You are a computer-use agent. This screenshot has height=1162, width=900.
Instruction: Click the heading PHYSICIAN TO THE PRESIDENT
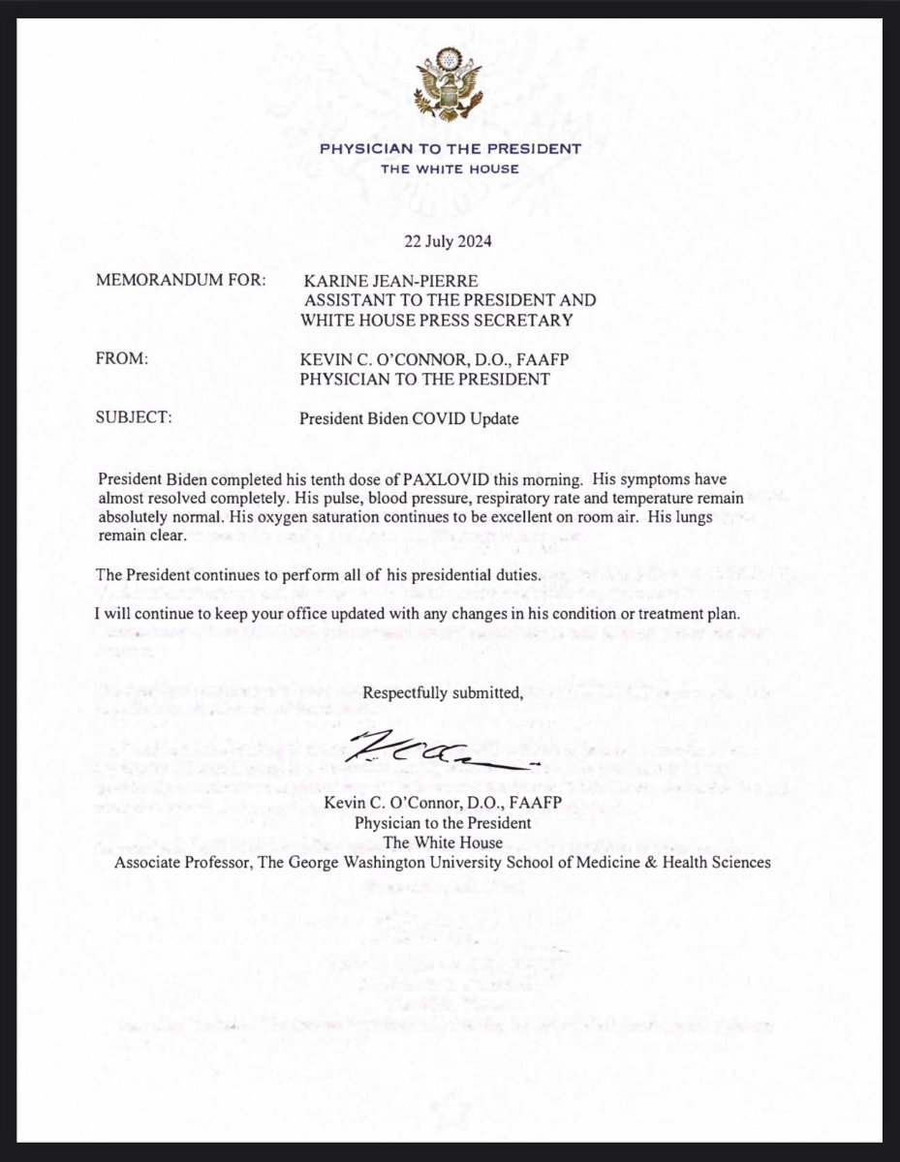[450, 149]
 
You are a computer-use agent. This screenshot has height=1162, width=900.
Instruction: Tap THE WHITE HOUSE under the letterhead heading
[450, 168]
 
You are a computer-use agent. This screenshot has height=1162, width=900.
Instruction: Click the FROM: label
[122, 359]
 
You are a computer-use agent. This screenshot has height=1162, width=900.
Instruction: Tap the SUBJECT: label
[135, 419]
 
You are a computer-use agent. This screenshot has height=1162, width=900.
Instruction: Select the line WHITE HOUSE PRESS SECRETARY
[437, 320]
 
